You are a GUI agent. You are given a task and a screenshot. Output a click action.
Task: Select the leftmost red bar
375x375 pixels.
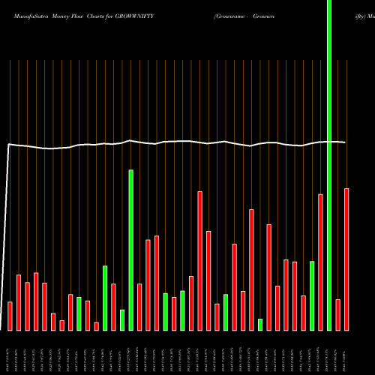10,316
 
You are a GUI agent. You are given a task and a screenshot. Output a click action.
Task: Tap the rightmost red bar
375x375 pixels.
346,259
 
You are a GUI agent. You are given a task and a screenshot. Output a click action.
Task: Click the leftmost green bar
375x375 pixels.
79,313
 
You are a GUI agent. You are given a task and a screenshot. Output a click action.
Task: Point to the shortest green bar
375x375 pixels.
260,324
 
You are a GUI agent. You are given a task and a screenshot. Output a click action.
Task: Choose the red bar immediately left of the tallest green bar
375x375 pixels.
320,262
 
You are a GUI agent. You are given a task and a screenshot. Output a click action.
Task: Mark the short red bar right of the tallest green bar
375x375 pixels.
337,314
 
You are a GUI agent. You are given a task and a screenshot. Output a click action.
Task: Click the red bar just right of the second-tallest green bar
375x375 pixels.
139,307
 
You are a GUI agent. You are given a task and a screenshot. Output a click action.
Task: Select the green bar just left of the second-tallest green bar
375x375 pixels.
122,319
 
